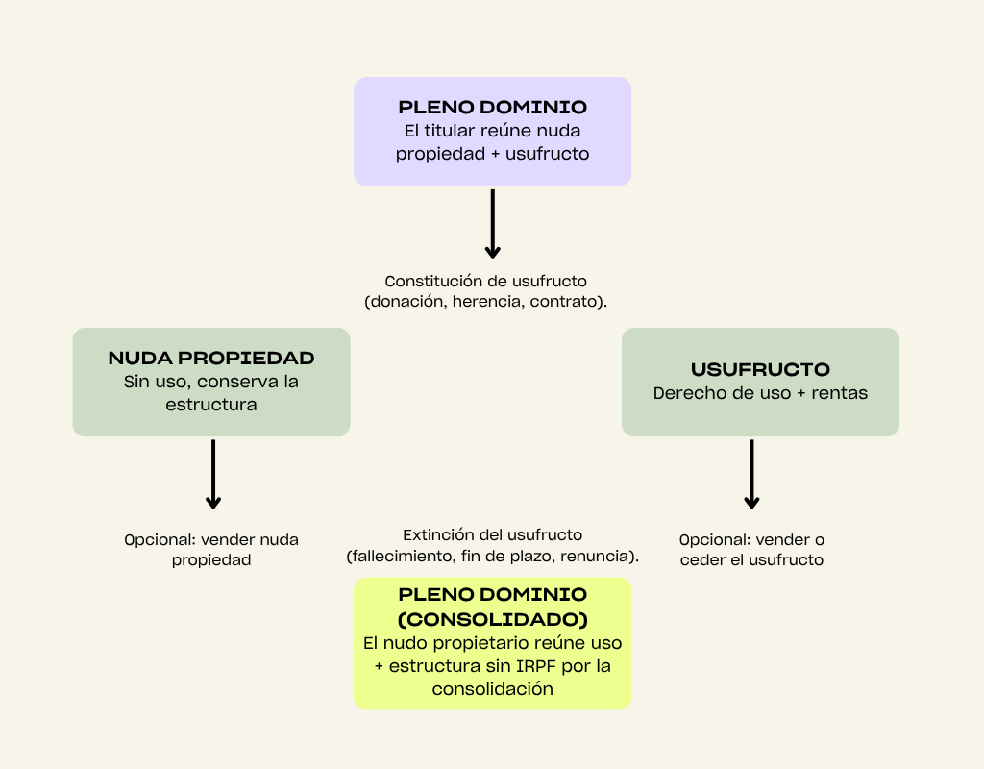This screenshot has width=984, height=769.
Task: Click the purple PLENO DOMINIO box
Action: pos(492,131)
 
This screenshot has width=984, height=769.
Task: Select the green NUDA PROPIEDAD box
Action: pos(211,382)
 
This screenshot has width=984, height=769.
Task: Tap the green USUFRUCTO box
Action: pos(760,382)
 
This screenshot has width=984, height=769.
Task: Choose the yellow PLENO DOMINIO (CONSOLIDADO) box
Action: pos(492,643)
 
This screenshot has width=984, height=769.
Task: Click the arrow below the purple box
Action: pos(492,224)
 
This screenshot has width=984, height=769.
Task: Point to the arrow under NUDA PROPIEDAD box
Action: pos(213,474)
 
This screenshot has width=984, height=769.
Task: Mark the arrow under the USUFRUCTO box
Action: pos(751,474)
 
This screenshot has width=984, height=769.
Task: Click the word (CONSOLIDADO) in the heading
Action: pos(493,618)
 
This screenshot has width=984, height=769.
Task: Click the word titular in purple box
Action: pos(457,131)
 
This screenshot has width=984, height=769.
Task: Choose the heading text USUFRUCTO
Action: pos(760,369)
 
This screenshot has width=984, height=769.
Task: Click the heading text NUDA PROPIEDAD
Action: pos(211,358)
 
